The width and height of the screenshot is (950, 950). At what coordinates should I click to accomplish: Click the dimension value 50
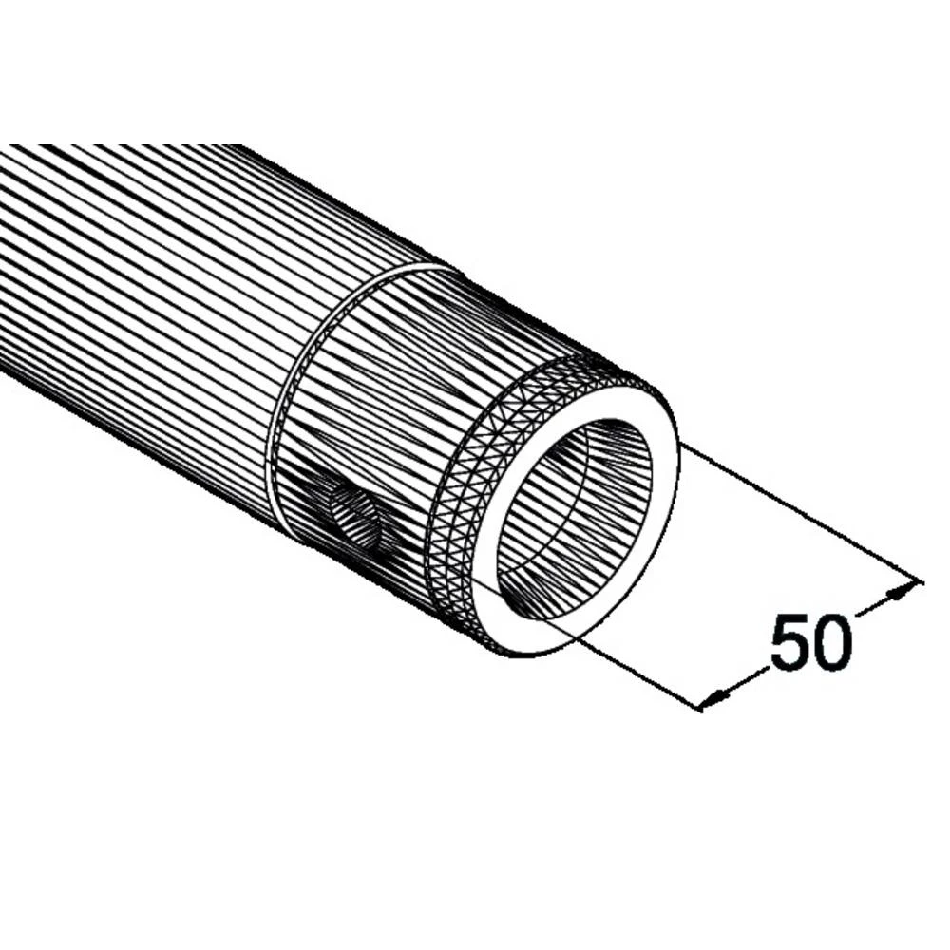coord(810,642)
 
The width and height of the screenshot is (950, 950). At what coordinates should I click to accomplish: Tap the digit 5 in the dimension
coord(789,642)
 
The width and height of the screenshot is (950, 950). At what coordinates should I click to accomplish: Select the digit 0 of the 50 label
coord(832,642)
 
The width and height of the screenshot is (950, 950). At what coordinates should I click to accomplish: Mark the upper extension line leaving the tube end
coord(798,513)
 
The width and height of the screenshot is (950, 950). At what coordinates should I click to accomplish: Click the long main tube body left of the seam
coord(142,285)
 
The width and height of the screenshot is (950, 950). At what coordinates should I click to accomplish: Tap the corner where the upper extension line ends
coord(920,581)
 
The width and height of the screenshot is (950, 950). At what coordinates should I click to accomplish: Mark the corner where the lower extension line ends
coord(701,708)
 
